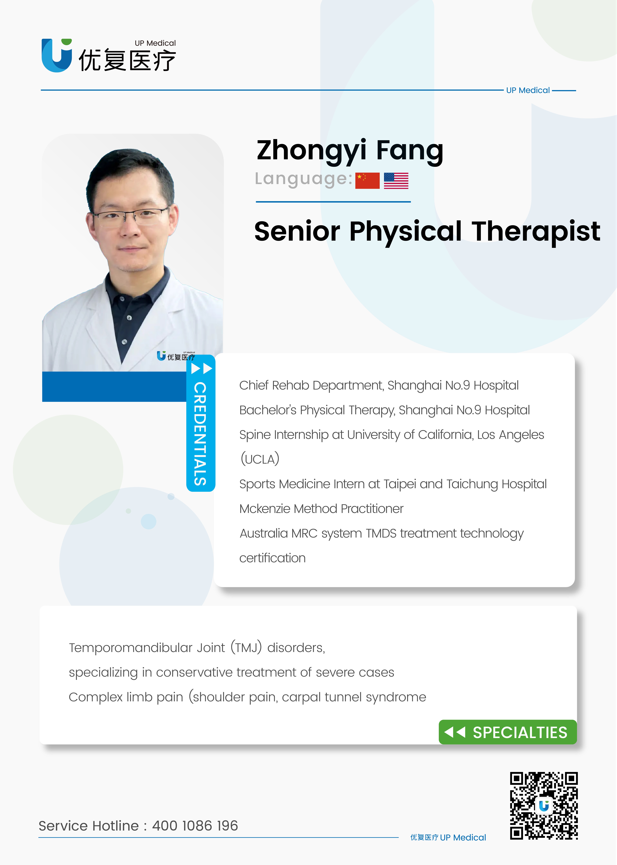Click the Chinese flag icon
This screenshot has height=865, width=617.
367,180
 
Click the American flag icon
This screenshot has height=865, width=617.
396,180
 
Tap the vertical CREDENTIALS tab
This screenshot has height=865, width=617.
201,423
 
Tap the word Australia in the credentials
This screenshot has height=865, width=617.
264,533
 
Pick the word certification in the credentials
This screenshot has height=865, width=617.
272,558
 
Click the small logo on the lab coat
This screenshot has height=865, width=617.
176,356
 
